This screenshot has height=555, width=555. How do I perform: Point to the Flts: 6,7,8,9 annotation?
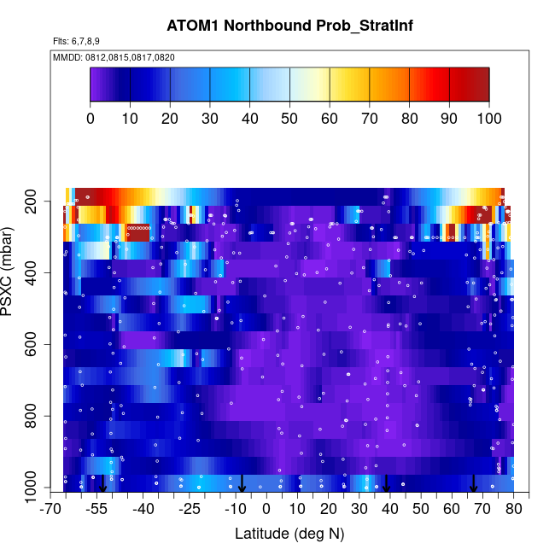tap(78, 41)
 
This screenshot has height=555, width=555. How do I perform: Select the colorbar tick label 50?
tap(289, 118)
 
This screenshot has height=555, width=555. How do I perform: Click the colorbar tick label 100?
tap(488, 118)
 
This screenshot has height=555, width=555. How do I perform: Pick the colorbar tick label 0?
tap(91, 118)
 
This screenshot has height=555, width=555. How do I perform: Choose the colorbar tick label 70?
tap(369, 118)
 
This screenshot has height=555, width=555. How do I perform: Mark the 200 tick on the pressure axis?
tap(35, 202)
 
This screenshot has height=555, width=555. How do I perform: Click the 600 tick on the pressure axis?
tap(35, 345)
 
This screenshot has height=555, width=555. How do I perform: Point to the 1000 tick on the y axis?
tap(32, 488)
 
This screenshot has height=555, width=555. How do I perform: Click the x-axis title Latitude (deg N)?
tap(289, 534)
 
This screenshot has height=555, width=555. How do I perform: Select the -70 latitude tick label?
tap(51, 510)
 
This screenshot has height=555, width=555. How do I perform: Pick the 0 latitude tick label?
tap(266, 510)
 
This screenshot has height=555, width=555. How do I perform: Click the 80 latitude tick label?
tap(514, 510)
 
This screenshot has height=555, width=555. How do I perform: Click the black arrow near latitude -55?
tap(102, 484)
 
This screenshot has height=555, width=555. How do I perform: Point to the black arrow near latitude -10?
tap(242, 484)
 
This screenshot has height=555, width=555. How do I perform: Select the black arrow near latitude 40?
tap(386, 484)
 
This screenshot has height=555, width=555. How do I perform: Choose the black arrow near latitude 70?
tap(473, 484)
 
